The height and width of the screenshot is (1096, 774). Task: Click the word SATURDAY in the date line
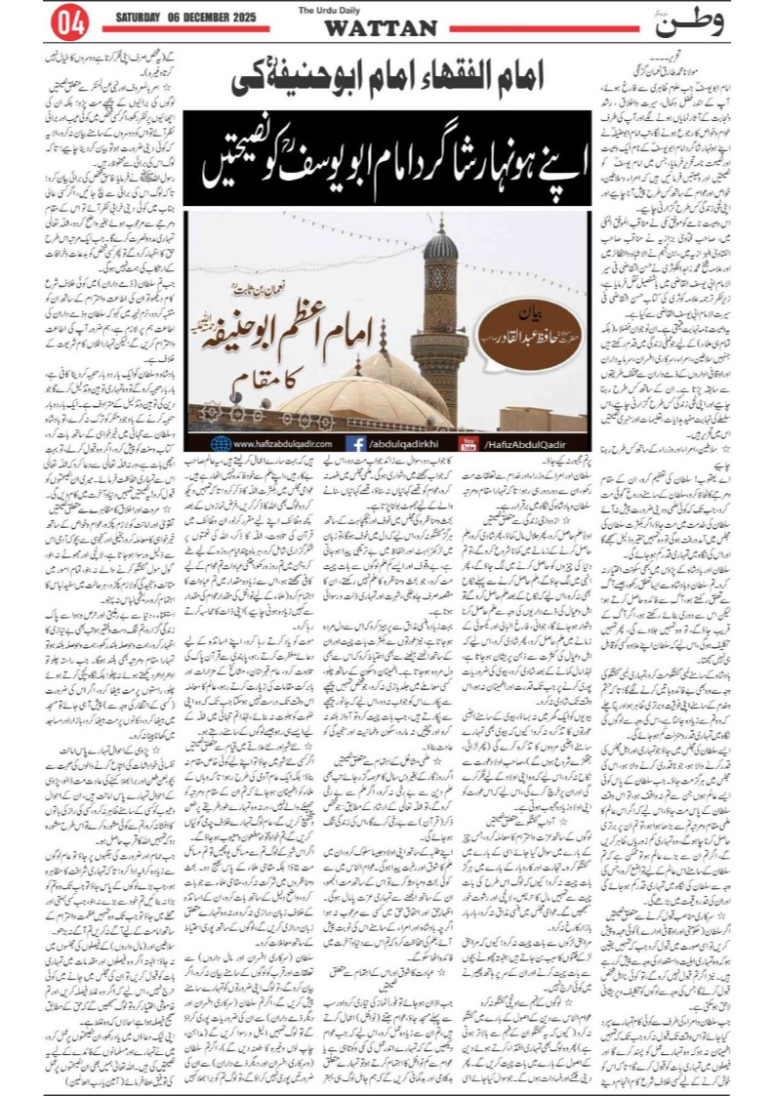tap(145, 18)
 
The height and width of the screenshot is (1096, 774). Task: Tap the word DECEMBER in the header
tap(209, 18)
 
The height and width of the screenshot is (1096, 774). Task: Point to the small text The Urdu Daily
tap(380, 11)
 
